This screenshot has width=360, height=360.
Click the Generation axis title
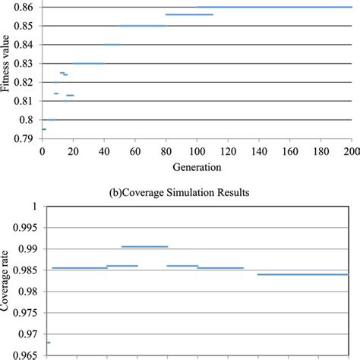pyautogui.click(x=196, y=166)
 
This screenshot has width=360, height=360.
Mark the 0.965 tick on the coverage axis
pyautogui.click(x=26, y=355)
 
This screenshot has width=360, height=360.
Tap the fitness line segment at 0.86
pyautogui.click(x=273, y=7)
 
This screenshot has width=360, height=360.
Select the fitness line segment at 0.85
pyautogui.click(x=143, y=26)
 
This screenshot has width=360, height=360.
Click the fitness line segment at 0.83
pyautogui.click(x=89, y=63)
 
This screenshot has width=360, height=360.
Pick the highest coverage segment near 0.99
pyautogui.click(x=144, y=246)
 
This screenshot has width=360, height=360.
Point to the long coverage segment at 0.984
pyautogui.click(x=302, y=274)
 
